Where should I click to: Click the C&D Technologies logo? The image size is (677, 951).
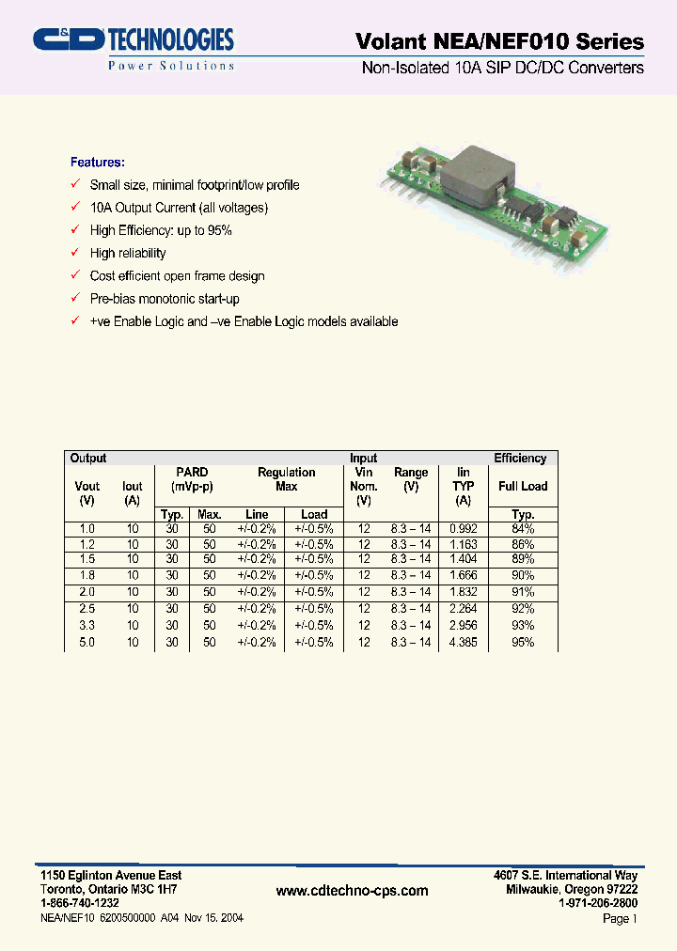(x=133, y=47)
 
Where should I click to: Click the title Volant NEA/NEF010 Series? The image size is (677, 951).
(x=499, y=41)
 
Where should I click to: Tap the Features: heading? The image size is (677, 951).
(x=97, y=162)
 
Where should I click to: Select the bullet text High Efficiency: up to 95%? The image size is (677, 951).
(x=161, y=230)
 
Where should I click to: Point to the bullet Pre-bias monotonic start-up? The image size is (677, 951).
(x=165, y=299)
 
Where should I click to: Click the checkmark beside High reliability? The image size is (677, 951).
(x=75, y=253)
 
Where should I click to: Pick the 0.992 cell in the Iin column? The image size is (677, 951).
(x=463, y=529)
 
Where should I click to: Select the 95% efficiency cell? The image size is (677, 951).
(x=523, y=642)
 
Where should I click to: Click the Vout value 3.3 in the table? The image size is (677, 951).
(x=87, y=625)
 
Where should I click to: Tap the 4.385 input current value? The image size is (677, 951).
(x=463, y=642)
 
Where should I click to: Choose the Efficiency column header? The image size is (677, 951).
(x=520, y=459)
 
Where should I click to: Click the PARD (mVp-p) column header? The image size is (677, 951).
(x=192, y=479)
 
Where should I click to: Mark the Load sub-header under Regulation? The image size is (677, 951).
(x=314, y=514)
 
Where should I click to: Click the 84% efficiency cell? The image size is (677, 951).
(x=523, y=529)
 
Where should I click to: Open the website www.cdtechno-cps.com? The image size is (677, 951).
(x=353, y=891)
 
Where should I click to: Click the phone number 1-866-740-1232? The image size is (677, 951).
(x=80, y=901)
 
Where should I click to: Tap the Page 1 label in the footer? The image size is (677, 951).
(x=620, y=919)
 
